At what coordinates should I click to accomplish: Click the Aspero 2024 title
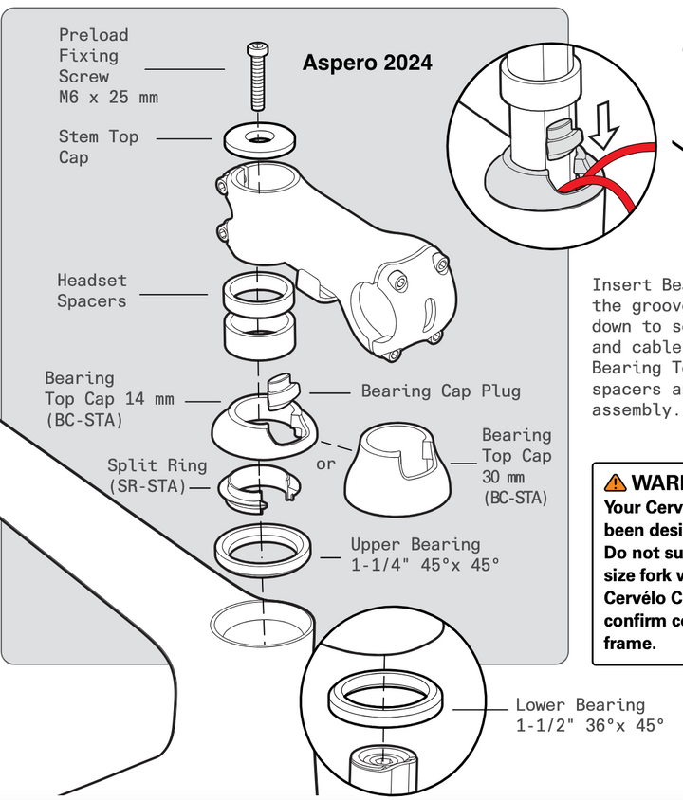click(367, 64)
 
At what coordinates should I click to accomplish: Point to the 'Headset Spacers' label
click(92, 291)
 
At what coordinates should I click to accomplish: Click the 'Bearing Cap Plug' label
click(440, 391)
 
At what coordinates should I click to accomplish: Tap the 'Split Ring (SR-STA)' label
click(156, 476)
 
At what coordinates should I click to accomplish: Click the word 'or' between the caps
click(325, 464)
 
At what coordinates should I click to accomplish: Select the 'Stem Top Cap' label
click(99, 147)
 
